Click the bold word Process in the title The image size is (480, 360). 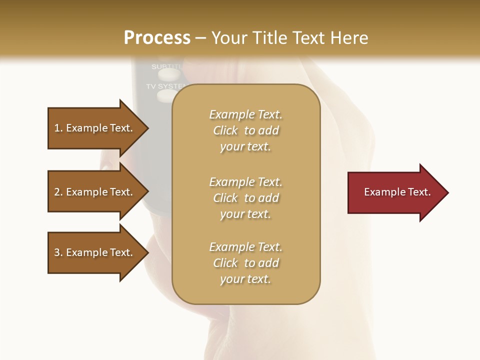click(x=157, y=38)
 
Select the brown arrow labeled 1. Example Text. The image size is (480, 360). click(x=95, y=128)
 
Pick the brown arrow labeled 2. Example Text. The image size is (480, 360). click(x=95, y=192)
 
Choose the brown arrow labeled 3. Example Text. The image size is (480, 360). click(x=95, y=252)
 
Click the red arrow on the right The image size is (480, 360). click(x=395, y=192)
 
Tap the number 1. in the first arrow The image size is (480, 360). click(x=58, y=128)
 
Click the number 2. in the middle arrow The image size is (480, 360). click(x=58, y=192)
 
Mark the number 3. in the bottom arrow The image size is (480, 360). click(x=58, y=252)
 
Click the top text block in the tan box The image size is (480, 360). click(x=245, y=130)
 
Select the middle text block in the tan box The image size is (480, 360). click(x=245, y=198)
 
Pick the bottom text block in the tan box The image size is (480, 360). click(x=245, y=263)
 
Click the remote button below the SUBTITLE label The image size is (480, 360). click(x=168, y=75)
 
